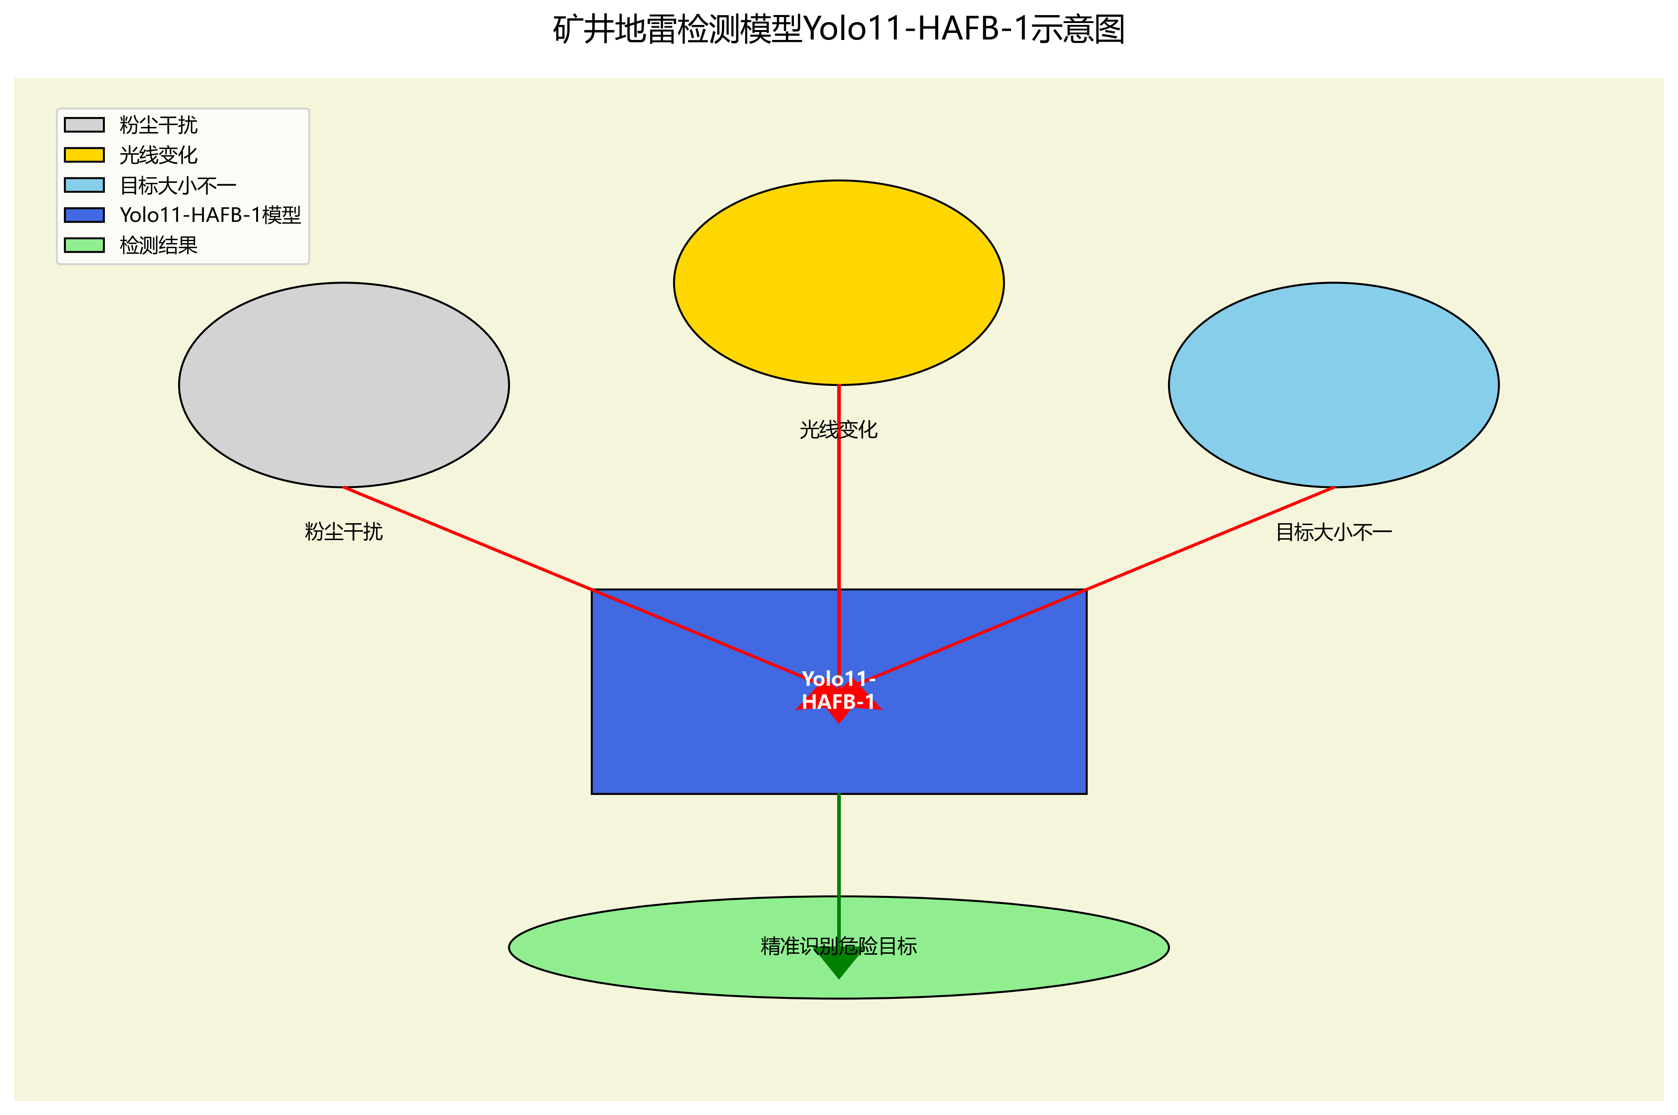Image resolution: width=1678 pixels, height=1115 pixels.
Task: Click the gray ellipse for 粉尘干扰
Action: [344, 385]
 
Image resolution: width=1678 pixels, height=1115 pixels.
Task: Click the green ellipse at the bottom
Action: [640, 947]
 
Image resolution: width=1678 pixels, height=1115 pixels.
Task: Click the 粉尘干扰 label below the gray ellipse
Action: [344, 531]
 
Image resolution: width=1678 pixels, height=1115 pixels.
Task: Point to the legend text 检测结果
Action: [158, 245]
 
